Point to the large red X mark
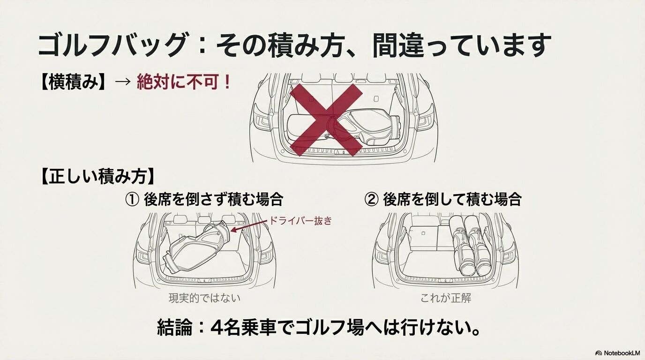coord(326,120)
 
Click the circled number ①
coord(133,200)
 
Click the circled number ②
coord(372,200)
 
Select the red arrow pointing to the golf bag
coord(248,226)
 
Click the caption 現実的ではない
coord(207,298)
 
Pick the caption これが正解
coord(445,298)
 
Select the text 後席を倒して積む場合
coord(452,200)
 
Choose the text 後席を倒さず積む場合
coord(213,200)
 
